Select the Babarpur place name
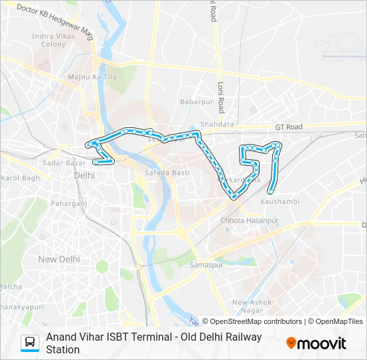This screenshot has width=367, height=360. point(195,101)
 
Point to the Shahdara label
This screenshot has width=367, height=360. point(217,124)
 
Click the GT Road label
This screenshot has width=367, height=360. point(289,127)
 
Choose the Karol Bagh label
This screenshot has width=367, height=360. point(20,178)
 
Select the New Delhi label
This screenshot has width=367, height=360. point(59,259)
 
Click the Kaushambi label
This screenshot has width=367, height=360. point(280,201)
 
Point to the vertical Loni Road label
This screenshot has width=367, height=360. point(221,93)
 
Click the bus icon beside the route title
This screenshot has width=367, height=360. point(30,342)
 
